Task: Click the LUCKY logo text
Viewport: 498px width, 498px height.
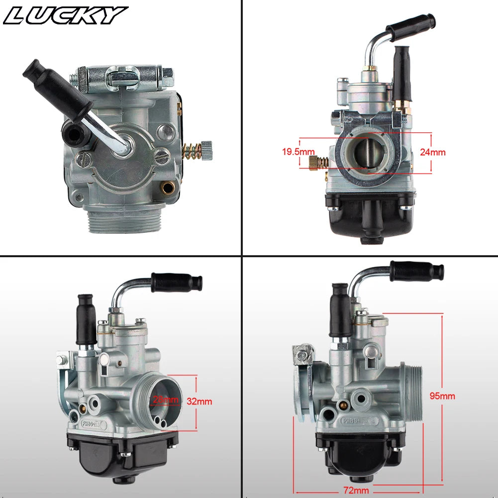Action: coord(65,15)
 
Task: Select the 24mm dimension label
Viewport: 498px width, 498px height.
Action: coord(432,152)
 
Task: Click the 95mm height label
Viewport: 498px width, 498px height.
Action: coord(442,396)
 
